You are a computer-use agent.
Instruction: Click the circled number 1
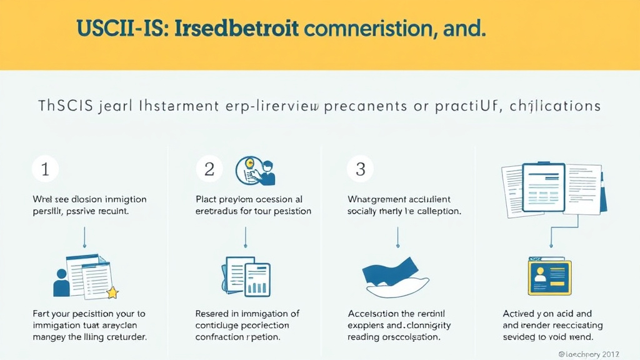click(45, 169)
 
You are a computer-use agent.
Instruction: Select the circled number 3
click(359, 169)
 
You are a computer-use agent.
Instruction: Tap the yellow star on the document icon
click(112, 292)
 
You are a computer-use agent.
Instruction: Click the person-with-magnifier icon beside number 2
click(256, 171)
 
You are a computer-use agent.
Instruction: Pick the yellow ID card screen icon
click(549, 276)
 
